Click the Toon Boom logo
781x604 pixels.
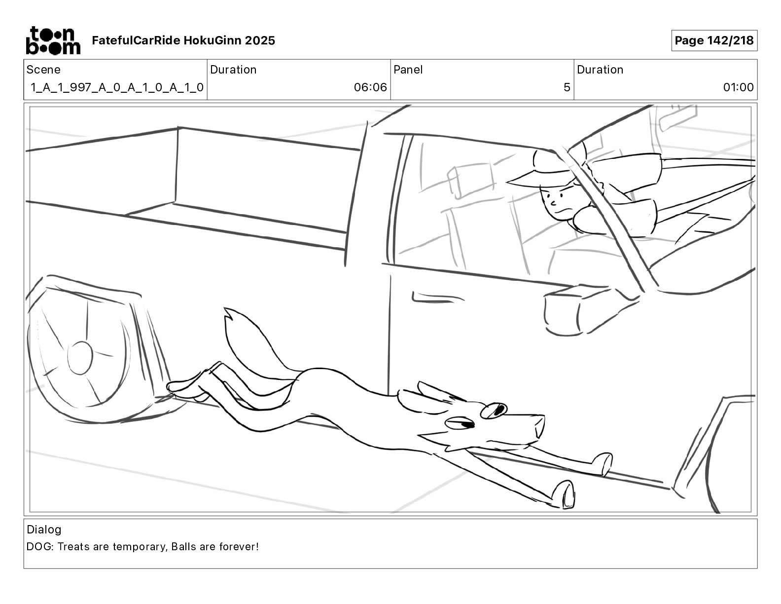click(x=53, y=40)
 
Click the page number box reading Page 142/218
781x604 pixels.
click(x=714, y=40)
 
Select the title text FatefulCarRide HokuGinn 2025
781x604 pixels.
click(x=183, y=40)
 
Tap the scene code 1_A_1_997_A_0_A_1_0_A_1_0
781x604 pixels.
click(x=117, y=88)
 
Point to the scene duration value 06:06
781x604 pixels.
click(x=370, y=88)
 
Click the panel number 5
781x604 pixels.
click(x=567, y=88)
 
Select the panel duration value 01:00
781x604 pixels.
click(x=738, y=88)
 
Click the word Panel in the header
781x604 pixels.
click(x=408, y=70)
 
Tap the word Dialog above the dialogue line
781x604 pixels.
click(x=44, y=529)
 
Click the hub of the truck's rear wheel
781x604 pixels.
click(x=80, y=357)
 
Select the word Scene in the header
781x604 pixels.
click(x=43, y=70)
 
